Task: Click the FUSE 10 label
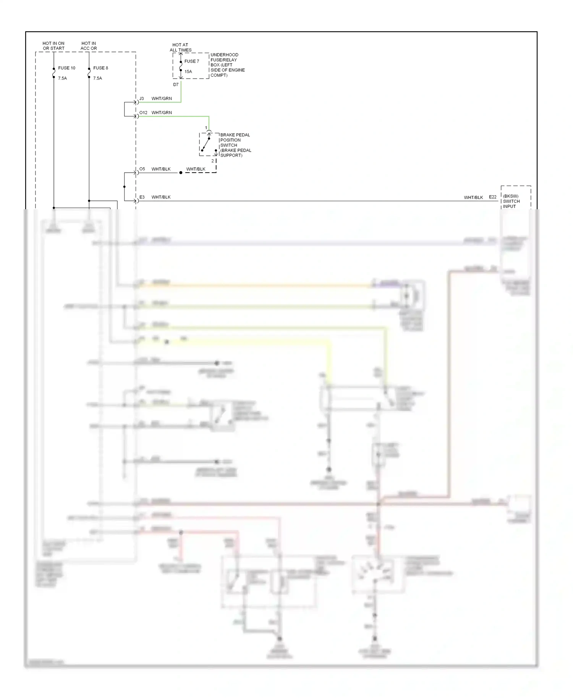(x=66, y=68)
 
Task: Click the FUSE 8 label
(x=100, y=68)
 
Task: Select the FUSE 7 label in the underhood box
(x=192, y=61)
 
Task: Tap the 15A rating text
(x=188, y=71)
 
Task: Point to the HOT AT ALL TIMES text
(x=180, y=47)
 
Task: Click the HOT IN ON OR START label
(x=53, y=46)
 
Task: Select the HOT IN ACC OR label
(x=89, y=46)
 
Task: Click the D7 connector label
(x=176, y=85)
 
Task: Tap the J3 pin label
(x=141, y=99)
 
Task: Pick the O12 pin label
(x=143, y=113)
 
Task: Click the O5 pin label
(x=142, y=169)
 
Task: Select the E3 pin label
(x=142, y=197)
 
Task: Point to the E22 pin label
(x=493, y=197)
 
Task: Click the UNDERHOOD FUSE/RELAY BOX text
(x=227, y=65)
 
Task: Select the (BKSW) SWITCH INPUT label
(x=511, y=201)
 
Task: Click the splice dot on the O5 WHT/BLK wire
(x=181, y=173)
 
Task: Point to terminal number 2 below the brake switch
(x=213, y=161)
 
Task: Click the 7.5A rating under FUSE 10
(x=62, y=78)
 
